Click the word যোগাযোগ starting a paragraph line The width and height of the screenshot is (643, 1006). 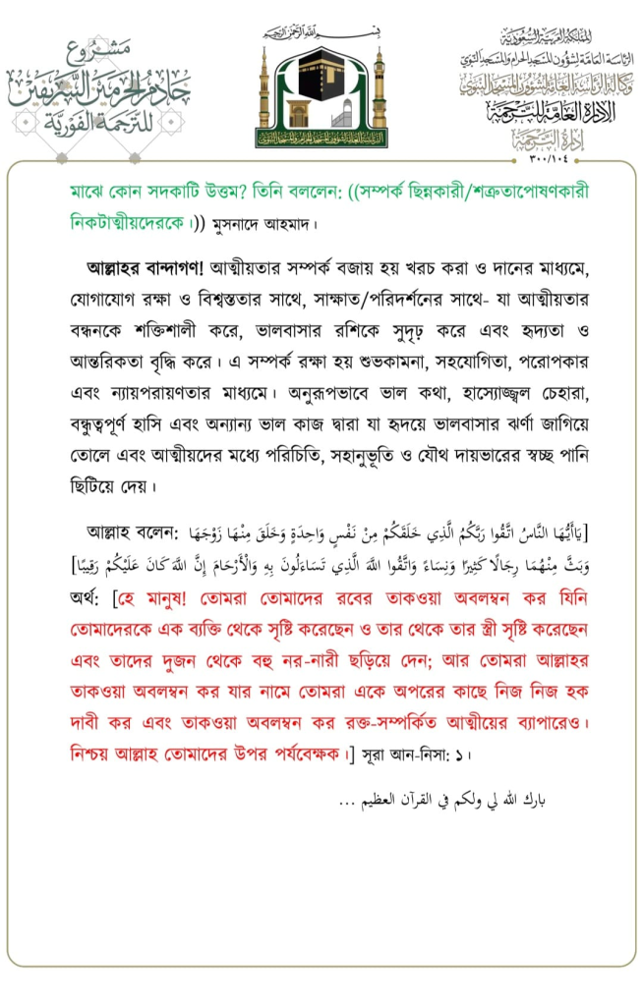point(106,294)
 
